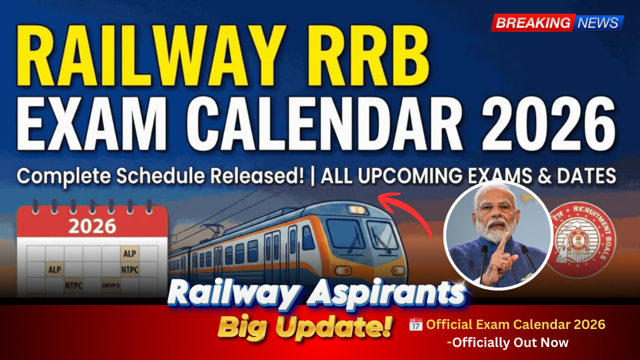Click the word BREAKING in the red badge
pos(533,22)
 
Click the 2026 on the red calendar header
pos(92,226)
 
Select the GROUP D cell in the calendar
pos(110,285)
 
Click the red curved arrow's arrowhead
pos(384,198)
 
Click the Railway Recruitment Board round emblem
pos(582,240)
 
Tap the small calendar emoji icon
pos(415,324)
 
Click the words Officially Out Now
pos(509,342)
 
